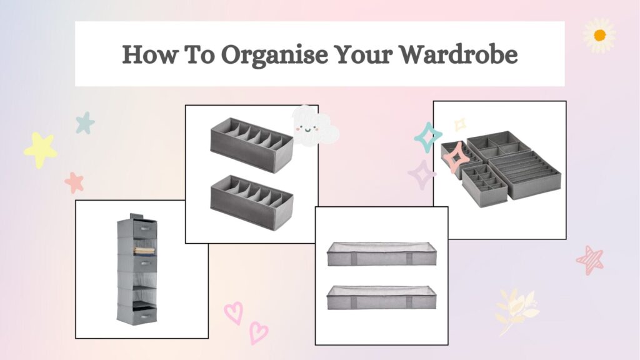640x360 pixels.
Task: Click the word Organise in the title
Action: [274, 55]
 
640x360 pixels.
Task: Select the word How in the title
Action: [149, 54]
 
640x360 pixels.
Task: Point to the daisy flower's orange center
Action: [599, 36]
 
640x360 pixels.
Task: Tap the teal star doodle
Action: [85, 123]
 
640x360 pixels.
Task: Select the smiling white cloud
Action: [313, 126]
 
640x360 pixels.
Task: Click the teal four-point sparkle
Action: [427, 137]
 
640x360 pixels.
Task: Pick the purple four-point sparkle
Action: [422, 175]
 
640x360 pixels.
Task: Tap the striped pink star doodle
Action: [590, 259]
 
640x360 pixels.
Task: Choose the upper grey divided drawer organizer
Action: [252, 145]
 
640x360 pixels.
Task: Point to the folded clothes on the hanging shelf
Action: [144, 249]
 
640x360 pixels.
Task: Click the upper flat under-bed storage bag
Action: [382, 254]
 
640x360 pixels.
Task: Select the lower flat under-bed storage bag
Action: [382, 297]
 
